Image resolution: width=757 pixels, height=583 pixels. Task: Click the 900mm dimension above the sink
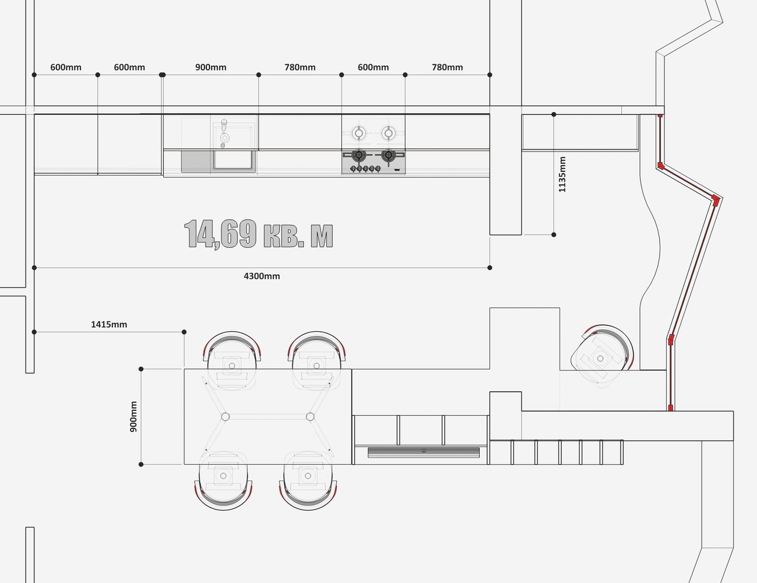click(210, 68)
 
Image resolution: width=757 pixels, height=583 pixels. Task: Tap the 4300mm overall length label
click(262, 276)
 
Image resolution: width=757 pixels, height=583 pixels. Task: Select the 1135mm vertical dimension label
click(562, 174)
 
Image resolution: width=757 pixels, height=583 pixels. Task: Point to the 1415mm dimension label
click(109, 324)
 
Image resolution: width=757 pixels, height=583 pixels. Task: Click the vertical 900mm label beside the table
click(134, 416)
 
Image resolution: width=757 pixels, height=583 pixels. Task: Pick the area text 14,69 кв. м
click(259, 234)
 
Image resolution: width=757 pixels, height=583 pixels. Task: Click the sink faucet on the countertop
click(223, 133)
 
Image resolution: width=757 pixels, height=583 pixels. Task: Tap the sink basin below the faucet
click(234, 160)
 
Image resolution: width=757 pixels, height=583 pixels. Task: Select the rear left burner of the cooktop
click(359, 133)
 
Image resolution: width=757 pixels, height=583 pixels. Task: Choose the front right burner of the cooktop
click(388, 155)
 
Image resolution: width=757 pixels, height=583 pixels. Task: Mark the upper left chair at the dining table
click(232, 359)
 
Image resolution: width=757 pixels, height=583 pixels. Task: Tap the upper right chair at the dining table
click(316, 359)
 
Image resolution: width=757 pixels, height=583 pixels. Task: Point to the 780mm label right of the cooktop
click(447, 68)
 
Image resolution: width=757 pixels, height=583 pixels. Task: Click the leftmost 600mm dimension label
click(66, 68)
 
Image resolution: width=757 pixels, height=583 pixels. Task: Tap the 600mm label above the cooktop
click(373, 68)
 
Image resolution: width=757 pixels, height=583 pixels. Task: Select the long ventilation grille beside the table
click(424, 452)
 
